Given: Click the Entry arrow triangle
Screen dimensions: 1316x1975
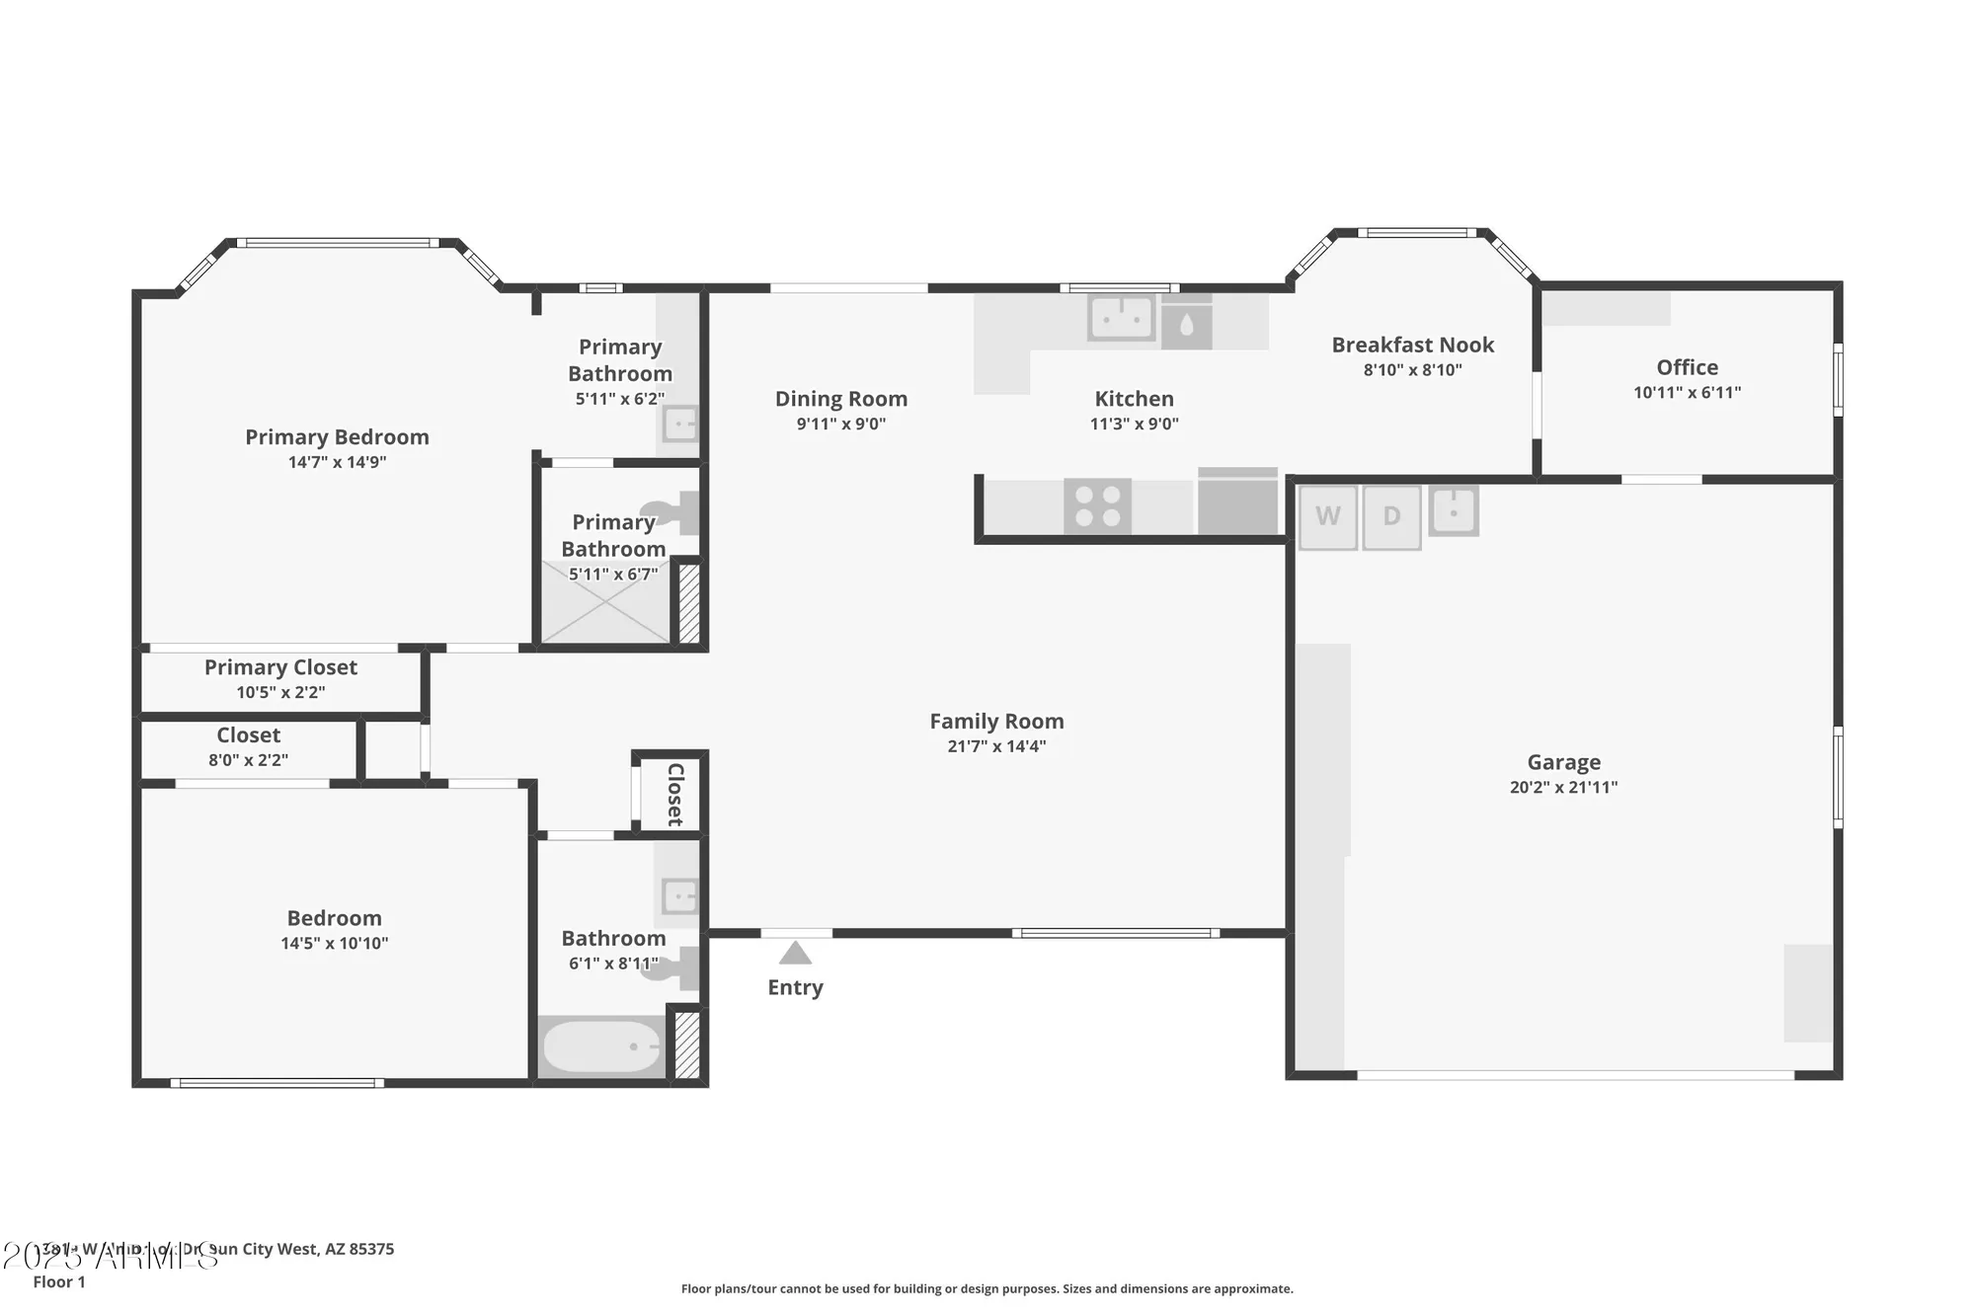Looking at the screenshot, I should tap(795, 954).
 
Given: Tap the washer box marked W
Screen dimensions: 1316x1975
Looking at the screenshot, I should tap(1327, 516).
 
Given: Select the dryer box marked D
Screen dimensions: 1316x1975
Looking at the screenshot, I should tap(1391, 516).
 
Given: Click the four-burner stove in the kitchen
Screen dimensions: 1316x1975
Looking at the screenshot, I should tap(1097, 506).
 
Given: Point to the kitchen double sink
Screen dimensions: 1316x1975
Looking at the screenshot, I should tap(1122, 318).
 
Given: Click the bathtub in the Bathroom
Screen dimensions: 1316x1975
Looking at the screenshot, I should tap(601, 1046).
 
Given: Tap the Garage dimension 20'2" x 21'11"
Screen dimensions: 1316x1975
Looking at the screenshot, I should tap(1563, 787).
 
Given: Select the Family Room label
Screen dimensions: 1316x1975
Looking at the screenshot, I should tap(996, 722).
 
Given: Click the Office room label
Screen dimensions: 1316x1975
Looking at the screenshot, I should tap(1687, 367).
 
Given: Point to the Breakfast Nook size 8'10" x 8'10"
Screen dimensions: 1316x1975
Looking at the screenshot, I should tap(1412, 370).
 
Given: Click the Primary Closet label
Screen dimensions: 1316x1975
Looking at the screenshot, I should tap(280, 667).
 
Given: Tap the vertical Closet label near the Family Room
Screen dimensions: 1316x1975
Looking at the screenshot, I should tap(675, 795).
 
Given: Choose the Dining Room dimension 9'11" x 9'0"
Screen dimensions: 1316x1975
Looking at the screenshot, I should tap(840, 425).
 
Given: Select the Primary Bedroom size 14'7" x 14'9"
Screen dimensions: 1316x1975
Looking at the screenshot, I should tap(337, 462).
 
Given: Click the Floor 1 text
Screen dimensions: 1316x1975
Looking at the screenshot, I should tap(59, 1281).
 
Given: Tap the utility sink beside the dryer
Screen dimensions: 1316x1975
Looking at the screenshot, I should tap(1453, 511).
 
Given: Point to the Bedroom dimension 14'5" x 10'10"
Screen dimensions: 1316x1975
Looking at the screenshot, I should tap(334, 944).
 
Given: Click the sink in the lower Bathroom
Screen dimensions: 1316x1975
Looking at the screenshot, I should tap(679, 897).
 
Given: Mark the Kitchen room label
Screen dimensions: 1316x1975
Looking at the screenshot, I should tap(1134, 399).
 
